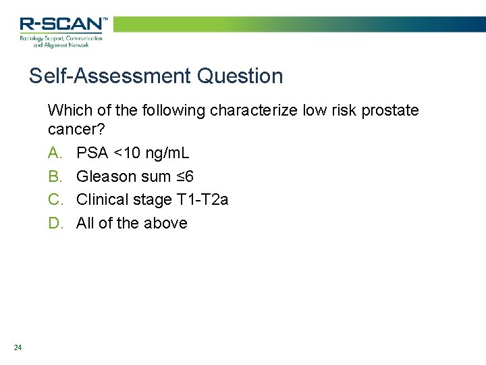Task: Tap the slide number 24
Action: coord(18,347)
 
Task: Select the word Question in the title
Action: coord(240,76)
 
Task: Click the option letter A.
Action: coord(55,153)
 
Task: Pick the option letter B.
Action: coord(55,176)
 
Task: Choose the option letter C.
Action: coord(55,199)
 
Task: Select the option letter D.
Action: coord(55,223)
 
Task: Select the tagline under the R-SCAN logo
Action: coord(61,42)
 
